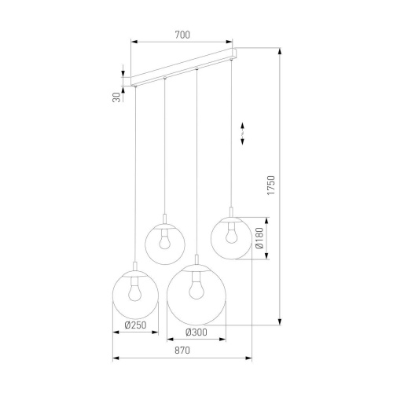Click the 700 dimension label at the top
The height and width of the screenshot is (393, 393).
tap(182, 35)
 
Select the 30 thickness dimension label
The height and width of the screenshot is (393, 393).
tap(116, 97)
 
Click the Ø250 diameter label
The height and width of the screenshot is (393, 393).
tap(135, 325)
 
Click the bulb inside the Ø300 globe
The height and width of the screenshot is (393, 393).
tap(196, 288)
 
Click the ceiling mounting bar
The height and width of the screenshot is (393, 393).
tap(185, 67)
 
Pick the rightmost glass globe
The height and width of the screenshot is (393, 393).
tap(230, 237)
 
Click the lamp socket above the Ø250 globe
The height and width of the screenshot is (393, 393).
tap(135, 268)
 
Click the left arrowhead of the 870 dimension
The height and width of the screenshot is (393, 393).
tap(116, 358)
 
